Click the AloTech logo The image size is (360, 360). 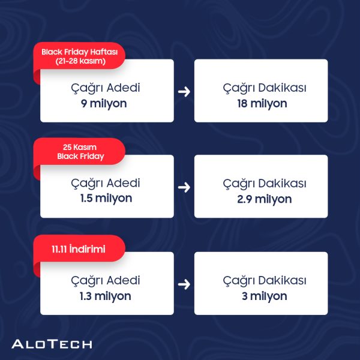52,344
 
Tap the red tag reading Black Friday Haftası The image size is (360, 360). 79,56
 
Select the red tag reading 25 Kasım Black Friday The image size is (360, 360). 79,152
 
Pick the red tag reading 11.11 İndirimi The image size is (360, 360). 79,248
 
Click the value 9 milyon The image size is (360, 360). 104,104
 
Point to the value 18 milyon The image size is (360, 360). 262,104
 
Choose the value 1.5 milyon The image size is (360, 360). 106,199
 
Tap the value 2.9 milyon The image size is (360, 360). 265,199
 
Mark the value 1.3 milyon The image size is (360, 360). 106,296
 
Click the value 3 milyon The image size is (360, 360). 265,296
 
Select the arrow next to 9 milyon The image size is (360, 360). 184,92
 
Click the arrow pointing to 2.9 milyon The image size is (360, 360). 184,187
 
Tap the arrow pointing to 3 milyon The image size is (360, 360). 184,284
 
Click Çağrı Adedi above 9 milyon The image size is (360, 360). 106,88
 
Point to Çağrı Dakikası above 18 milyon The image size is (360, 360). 265,88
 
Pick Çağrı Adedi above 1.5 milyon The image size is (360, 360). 106,184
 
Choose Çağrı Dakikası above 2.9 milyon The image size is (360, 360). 265,184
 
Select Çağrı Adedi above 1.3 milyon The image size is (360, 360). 106,281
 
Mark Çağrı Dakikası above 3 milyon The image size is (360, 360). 265,281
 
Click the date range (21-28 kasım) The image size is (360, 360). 80,61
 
